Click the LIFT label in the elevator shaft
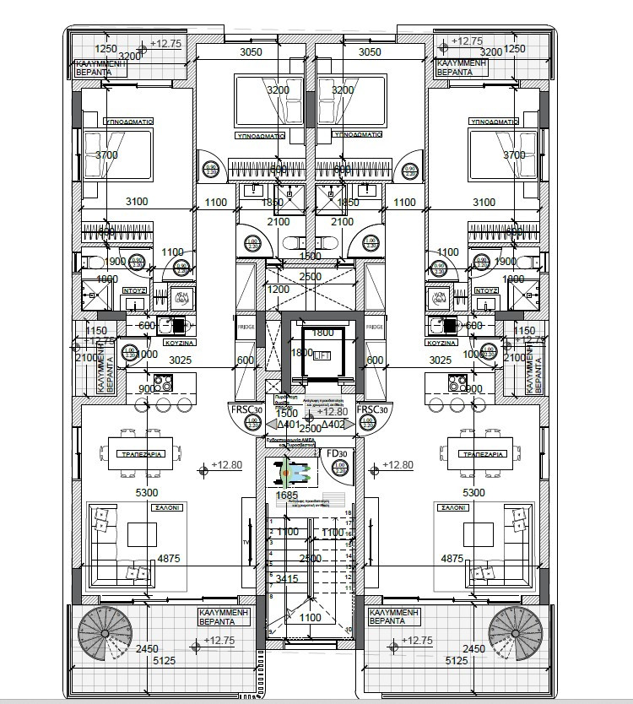tap(320, 357)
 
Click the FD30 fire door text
tap(336, 454)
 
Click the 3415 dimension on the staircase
tap(288, 578)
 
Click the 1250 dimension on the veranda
tap(105, 49)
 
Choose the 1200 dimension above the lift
tap(279, 290)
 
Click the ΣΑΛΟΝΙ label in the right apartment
tap(452, 508)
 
